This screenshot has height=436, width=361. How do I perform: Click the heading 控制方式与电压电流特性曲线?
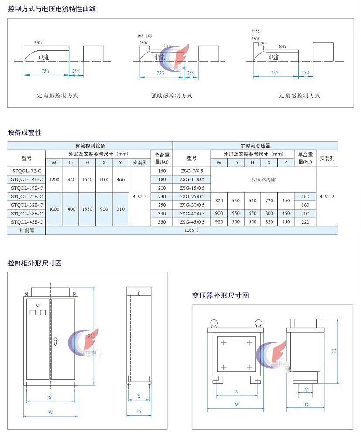tap(52, 9)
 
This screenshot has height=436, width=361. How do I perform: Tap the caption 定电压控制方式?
tap(58, 96)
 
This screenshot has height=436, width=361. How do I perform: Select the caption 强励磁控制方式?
tap(172, 96)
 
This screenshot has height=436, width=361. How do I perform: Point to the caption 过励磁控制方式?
tap(300, 96)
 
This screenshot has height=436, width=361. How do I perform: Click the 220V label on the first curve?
tap(38, 43)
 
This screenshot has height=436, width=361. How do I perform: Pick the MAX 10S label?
tap(144, 36)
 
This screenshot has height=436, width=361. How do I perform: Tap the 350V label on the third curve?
tap(255, 39)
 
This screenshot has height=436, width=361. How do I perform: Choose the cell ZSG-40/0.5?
tap(192, 213)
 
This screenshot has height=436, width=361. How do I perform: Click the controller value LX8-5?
tap(191, 231)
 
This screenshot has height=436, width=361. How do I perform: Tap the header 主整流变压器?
tap(255, 146)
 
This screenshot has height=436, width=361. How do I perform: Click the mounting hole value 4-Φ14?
tap(140, 196)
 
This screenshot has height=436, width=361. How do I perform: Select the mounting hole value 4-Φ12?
tap(327, 196)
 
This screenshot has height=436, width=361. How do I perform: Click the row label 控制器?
tap(27, 231)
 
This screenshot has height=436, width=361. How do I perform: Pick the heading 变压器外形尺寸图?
tap(221, 295)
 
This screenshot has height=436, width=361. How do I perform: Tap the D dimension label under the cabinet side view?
tap(139, 411)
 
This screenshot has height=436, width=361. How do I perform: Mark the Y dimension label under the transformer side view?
tap(307, 389)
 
